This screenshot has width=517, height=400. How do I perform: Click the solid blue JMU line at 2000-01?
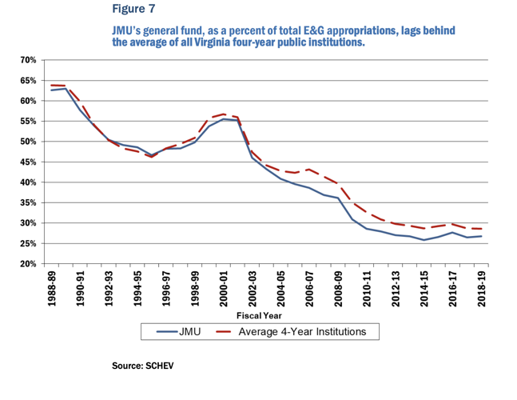pos(225,119)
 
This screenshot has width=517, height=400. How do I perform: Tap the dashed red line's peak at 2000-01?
pos(225,114)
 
